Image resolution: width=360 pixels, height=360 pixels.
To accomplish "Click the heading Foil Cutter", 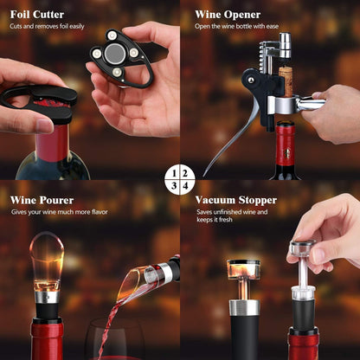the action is pos(37,15).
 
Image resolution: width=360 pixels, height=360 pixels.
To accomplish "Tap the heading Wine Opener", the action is pos(228,15).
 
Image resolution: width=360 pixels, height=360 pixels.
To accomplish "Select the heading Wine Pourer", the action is pos(42,200).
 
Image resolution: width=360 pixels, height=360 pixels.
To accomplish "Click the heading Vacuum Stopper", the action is pos(236,200).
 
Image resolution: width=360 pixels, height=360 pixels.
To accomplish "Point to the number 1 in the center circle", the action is pos(174,173).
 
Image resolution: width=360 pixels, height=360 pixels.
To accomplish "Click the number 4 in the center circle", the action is pos(185,186).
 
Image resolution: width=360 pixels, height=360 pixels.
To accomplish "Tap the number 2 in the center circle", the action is pos(185,173).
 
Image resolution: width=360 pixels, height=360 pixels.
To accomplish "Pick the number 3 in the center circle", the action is pos(174,186).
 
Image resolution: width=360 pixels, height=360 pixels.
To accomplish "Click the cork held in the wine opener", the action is pos(286,82).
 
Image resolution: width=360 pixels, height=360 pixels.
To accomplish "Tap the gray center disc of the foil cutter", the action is pos(115,54).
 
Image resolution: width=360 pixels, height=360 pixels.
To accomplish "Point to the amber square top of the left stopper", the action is pos(243,269).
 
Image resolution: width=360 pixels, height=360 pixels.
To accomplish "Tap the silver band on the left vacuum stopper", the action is pos(244,307).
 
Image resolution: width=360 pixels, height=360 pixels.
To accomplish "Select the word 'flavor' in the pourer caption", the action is pos(100,212).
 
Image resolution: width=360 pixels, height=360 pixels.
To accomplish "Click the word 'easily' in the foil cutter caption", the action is pos(77,27).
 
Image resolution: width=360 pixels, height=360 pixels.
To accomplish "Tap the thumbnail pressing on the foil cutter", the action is pos(45,125).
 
